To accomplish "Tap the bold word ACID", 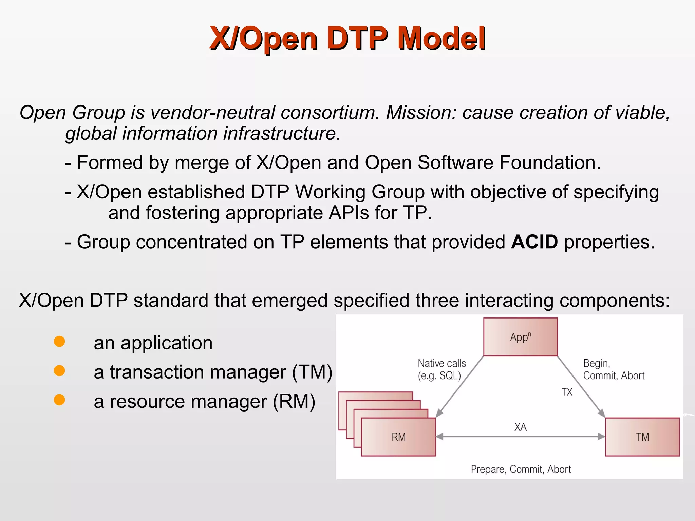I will [x=534, y=242].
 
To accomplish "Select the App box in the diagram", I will [x=520, y=337].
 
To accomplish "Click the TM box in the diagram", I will [x=642, y=437].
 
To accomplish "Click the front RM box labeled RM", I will [x=398, y=437].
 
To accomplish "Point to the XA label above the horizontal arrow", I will [x=520, y=427].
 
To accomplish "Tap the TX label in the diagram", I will [x=567, y=392].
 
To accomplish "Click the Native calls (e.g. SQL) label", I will [x=442, y=369].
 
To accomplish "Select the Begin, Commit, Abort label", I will [x=613, y=369].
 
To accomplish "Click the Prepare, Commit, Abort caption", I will [x=521, y=469].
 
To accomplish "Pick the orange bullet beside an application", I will [x=59, y=341].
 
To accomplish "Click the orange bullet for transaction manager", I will [x=59, y=370].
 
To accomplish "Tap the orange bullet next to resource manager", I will [x=59, y=400].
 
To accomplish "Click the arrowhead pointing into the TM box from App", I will [x=602, y=413].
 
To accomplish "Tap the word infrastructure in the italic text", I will [x=282, y=133].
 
